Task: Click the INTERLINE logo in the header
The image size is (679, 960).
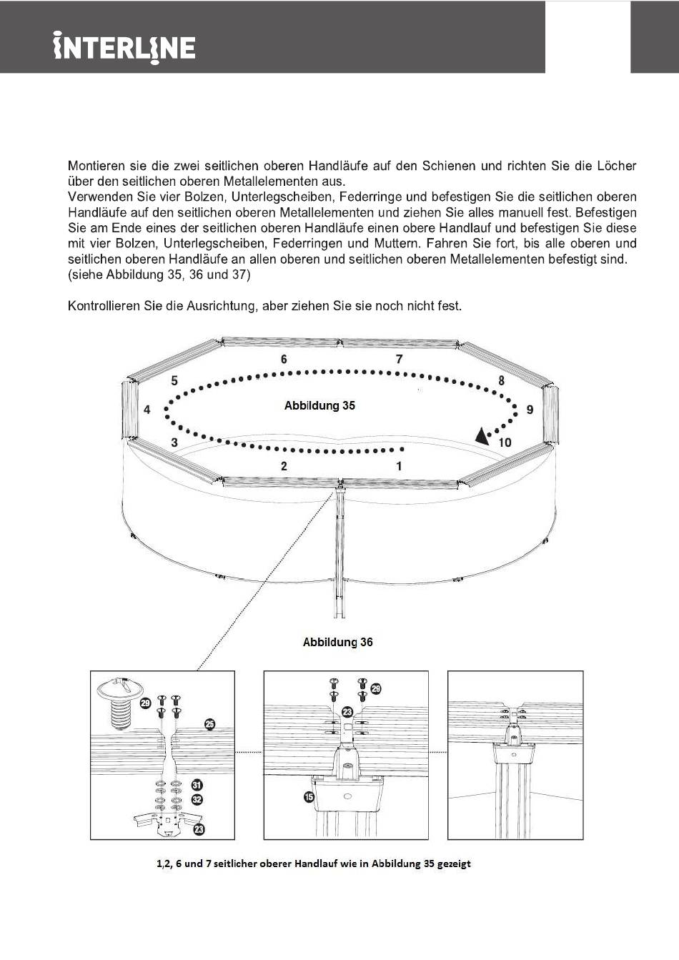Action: click(x=124, y=47)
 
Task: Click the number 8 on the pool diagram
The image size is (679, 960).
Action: click(x=501, y=380)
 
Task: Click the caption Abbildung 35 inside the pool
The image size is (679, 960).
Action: click(x=319, y=405)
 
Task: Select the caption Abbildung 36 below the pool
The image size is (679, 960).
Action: click(x=337, y=642)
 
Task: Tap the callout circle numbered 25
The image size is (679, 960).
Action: click(x=209, y=724)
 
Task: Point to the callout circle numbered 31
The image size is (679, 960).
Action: click(x=197, y=785)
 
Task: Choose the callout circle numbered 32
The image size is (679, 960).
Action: click(x=197, y=800)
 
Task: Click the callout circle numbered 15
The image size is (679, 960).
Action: click(x=309, y=796)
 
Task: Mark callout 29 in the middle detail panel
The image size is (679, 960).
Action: click(x=376, y=689)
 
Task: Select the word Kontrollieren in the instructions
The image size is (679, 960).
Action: click(x=104, y=306)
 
